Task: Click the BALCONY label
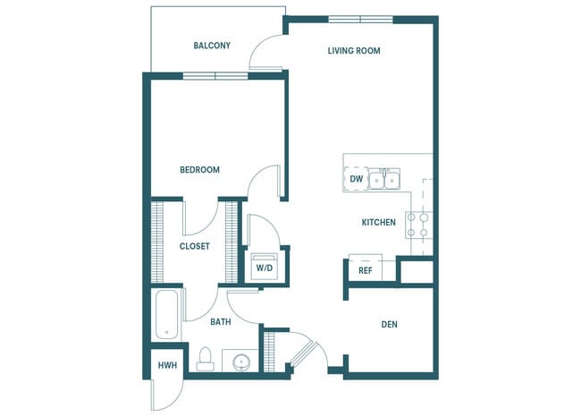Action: (x=212, y=46)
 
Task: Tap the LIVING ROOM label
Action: (x=354, y=51)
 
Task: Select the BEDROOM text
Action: (x=199, y=169)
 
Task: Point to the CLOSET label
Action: (x=194, y=246)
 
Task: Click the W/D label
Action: (x=265, y=268)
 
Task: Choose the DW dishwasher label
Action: (x=356, y=179)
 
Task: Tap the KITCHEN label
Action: (x=378, y=222)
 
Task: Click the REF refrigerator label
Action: (x=365, y=270)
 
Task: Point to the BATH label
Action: (x=221, y=321)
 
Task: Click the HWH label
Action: (x=166, y=366)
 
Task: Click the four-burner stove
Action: (x=418, y=224)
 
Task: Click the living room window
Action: (x=359, y=18)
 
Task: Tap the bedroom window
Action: (x=215, y=76)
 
